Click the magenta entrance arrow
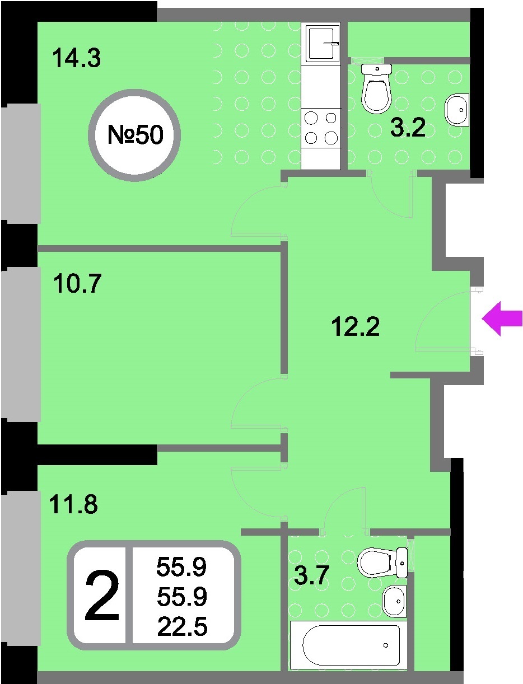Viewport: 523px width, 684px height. point(502,319)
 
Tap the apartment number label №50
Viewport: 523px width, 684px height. point(136,135)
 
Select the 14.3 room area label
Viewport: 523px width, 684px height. point(77,58)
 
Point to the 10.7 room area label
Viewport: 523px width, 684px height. point(77,283)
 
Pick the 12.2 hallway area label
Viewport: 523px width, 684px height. point(356,326)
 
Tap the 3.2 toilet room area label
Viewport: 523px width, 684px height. point(408,128)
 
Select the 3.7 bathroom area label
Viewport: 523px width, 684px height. point(312,575)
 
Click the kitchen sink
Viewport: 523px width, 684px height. point(323,43)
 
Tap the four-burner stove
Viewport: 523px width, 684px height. point(321,128)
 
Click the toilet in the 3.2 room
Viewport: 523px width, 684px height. point(376,88)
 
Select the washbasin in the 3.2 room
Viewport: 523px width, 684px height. point(457,110)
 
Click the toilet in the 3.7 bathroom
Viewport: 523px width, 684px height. point(382,563)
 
